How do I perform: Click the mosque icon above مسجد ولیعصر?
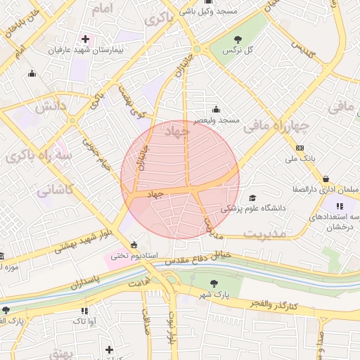[x=215, y=109]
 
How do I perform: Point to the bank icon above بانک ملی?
[x=300, y=148]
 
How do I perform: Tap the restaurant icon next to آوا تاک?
[x=84, y=310]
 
